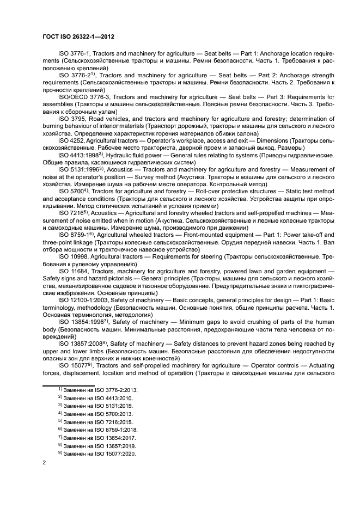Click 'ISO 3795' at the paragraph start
click(70, 116)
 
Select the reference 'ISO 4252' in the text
click(70, 140)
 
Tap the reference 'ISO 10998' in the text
click(72, 255)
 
